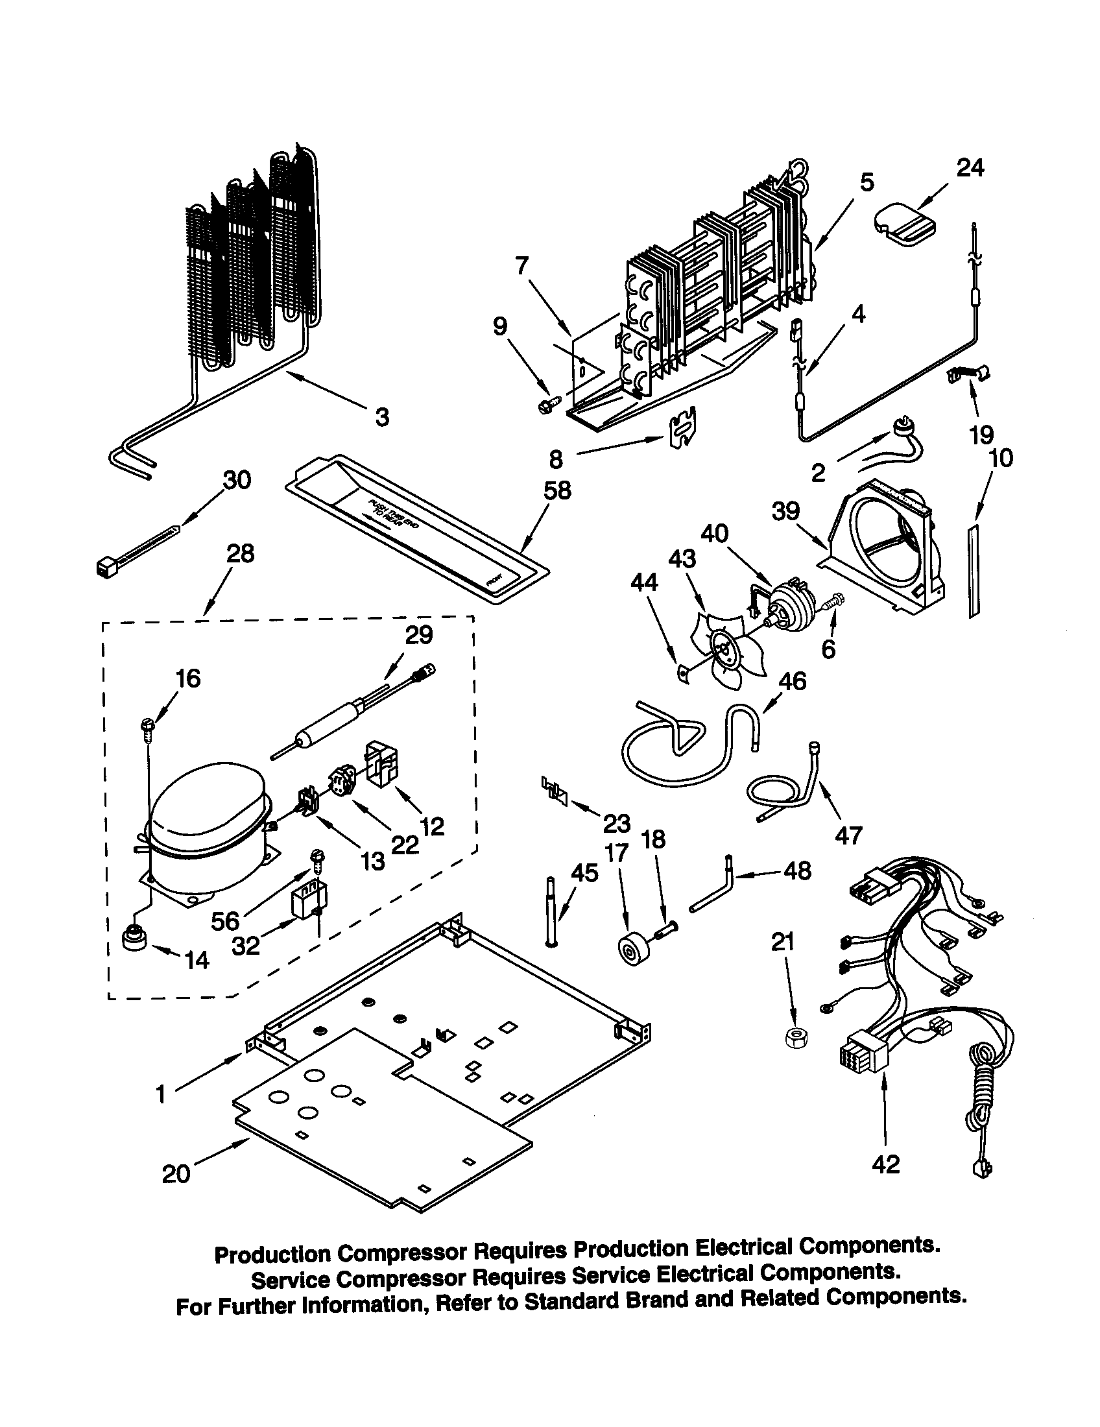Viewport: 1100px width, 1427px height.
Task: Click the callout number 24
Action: [970, 169]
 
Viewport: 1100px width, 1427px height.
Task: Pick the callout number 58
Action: [557, 490]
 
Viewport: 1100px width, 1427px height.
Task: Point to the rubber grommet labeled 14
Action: [136, 939]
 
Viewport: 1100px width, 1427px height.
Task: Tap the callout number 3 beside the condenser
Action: [382, 416]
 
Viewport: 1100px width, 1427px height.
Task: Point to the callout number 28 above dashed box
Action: [240, 554]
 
